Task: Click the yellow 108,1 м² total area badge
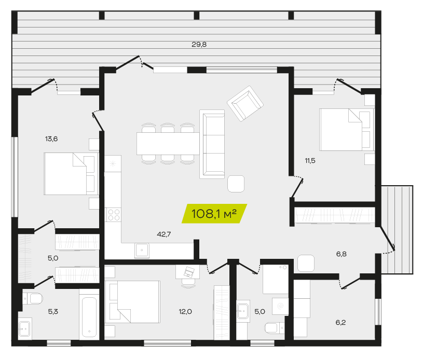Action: click(x=214, y=214)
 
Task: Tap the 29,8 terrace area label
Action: click(x=199, y=45)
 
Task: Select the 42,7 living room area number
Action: click(x=164, y=234)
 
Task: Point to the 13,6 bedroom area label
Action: click(x=51, y=139)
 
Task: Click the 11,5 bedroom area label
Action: click(x=310, y=161)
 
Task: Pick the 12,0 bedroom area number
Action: click(x=185, y=312)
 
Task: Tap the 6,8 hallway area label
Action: click(x=342, y=254)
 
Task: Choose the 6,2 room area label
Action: click(x=340, y=323)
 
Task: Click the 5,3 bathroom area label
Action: click(x=53, y=312)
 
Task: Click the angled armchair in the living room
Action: click(x=245, y=103)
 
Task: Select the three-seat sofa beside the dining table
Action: click(x=212, y=144)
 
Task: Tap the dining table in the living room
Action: click(x=168, y=144)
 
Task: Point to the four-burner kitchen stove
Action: click(x=113, y=215)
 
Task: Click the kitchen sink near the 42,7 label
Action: click(x=142, y=250)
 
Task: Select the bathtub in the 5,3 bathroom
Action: click(x=89, y=317)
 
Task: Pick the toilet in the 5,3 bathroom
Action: click(x=33, y=299)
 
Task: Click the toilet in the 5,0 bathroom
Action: click(x=274, y=328)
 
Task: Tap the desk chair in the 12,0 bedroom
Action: click(x=188, y=283)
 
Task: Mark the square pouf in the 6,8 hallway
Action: click(x=306, y=263)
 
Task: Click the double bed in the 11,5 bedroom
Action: click(x=347, y=130)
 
